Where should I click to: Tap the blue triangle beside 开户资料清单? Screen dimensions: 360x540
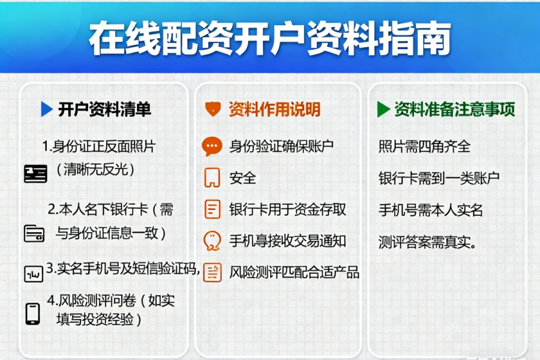pyautogui.click(x=47, y=109)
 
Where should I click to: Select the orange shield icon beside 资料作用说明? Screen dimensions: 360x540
pyautogui.click(x=212, y=109)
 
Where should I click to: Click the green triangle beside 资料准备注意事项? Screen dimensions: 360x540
pyautogui.click(x=383, y=109)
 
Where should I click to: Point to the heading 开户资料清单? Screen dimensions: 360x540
pyautogui.click(x=104, y=109)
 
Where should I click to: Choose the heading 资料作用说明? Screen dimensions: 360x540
pyautogui.click(x=274, y=109)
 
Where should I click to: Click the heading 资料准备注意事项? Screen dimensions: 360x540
pyautogui.click(x=454, y=109)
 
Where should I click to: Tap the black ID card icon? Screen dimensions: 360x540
pyautogui.click(x=35, y=174)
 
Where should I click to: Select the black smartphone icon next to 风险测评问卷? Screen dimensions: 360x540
pyautogui.click(x=32, y=313)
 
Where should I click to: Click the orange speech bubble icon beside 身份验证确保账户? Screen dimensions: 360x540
pyautogui.click(x=212, y=146)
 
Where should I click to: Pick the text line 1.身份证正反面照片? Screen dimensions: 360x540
pyautogui.click(x=99, y=146)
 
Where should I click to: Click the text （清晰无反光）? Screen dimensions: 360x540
pyautogui.click(x=95, y=169)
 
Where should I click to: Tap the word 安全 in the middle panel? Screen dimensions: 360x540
pyautogui.click(x=242, y=178)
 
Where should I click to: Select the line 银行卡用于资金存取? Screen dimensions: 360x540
pyautogui.click(x=287, y=209)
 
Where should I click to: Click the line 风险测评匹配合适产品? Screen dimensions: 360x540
pyautogui.click(x=294, y=272)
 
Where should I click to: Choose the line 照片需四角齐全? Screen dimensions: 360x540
pyautogui.click(x=424, y=146)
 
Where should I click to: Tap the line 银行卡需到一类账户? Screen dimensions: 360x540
pyautogui.click(x=439, y=178)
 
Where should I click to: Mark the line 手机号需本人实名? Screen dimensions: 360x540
pyautogui.click(x=430, y=210)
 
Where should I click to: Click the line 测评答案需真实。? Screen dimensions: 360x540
pyautogui.click(x=428, y=242)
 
